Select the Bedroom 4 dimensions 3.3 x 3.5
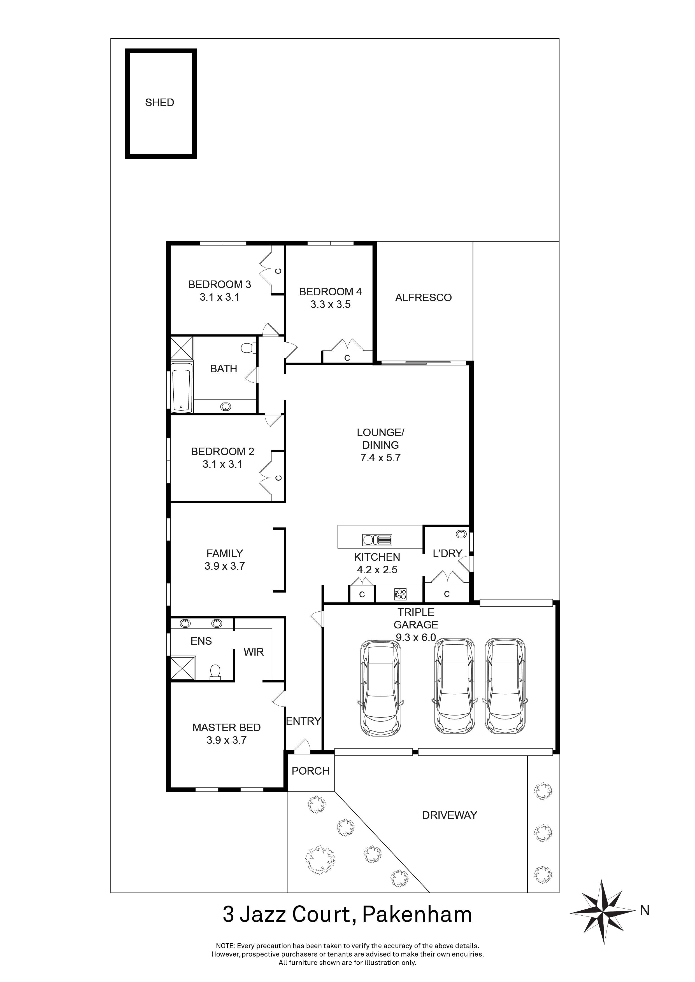coord(330,305)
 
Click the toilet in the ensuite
coord(215,672)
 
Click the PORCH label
coord(310,771)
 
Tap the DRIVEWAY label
coord(449,815)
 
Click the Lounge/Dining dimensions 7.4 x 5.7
coord(380,458)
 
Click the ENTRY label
coord(303,721)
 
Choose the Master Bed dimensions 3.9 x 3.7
coord(226,740)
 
